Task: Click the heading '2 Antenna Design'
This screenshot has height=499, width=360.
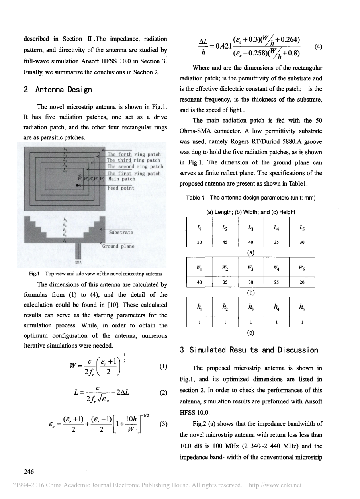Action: [x=58, y=90]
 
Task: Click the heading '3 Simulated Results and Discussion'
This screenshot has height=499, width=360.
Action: [x=249, y=350]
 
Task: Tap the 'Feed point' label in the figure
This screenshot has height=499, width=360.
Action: [x=121, y=188]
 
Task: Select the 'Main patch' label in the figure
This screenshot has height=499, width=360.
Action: [x=121, y=179]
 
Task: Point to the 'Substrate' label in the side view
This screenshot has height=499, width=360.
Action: [x=121, y=232]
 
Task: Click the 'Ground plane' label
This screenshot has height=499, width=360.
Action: [x=118, y=246]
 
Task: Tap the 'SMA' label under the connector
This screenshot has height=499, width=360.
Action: [x=78, y=262]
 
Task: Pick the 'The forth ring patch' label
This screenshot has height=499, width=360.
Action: [x=134, y=154]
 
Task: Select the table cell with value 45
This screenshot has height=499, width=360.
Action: [x=225, y=242]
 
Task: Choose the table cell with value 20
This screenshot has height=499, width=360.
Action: [x=302, y=282]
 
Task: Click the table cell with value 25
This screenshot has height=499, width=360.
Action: [x=276, y=282]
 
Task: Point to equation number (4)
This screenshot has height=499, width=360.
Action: [x=318, y=47]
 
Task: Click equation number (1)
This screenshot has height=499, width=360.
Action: [x=163, y=366]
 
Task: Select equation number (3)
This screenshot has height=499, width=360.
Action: [x=163, y=424]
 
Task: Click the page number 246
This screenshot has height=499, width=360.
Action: [x=29, y=472]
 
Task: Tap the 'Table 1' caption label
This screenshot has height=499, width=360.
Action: [x=195, y=198]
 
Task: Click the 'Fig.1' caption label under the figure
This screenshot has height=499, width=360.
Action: [x=33, y=274]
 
